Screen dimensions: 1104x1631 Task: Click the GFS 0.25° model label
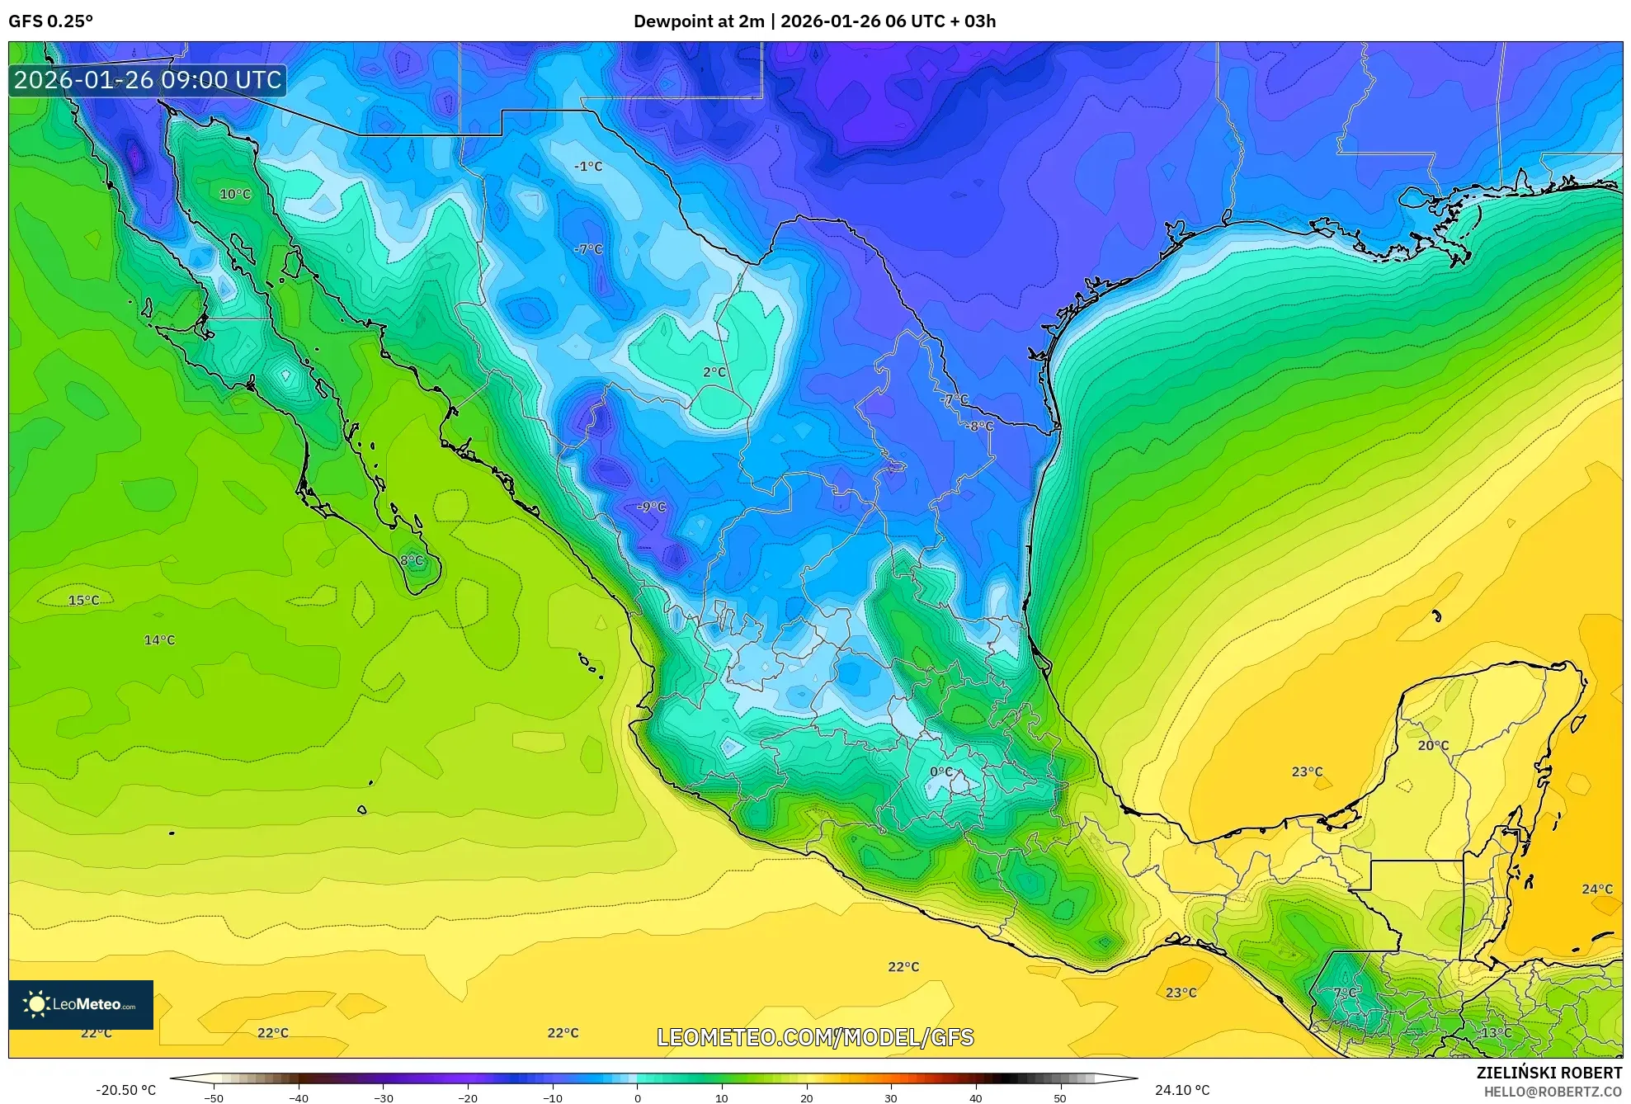pyautogui.click(x=50, y=21)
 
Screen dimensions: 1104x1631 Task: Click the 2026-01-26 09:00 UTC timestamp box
pyautogui.click(x=148, y=80)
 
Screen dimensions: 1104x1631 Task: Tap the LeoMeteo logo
pyautogui.click(x=81, y=1004)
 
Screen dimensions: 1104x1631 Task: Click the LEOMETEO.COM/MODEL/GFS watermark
pyautogui.click(x=815, y=1037)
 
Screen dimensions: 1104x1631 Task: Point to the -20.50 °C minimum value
pyautogui.click(x=125, y=1090)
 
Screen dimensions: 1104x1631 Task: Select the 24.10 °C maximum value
pyautogui.click(x=1181, y=1090)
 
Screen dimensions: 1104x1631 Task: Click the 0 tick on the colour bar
pyautogui.click(x=637, y=1097)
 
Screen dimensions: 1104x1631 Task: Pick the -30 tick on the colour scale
pyautogui.click(x=384, y=1097)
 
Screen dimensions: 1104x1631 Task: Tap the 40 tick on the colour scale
pyautogui.click(x=975, y=1097)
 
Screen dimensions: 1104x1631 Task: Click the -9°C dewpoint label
pyautogui.click(x=651, y=507)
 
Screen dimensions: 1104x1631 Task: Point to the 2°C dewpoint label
pyautogui.click(x=714, y=372)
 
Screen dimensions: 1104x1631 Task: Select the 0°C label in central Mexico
pyautogui.click(x=941, y=771)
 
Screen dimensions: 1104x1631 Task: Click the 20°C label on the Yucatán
pyautogui.click(x=1433, y=745)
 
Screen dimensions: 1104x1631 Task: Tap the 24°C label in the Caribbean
pyautogui.click(x=1596, y=889)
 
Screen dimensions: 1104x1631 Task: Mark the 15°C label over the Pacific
pyautogui.click(x=83, y=600)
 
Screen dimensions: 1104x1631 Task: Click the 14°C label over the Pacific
pyautogui.click(x=159, y=639)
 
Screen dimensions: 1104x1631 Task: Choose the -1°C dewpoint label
pyautogui.click(x=588, y=166)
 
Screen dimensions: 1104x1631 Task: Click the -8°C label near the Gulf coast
pyautogui.click(x=980, y=426)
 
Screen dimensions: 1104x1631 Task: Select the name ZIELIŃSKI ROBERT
pyautogui.click(x=1549, y=1073)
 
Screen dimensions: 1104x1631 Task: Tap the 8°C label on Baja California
pyautogui.click(x=412, y=560)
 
